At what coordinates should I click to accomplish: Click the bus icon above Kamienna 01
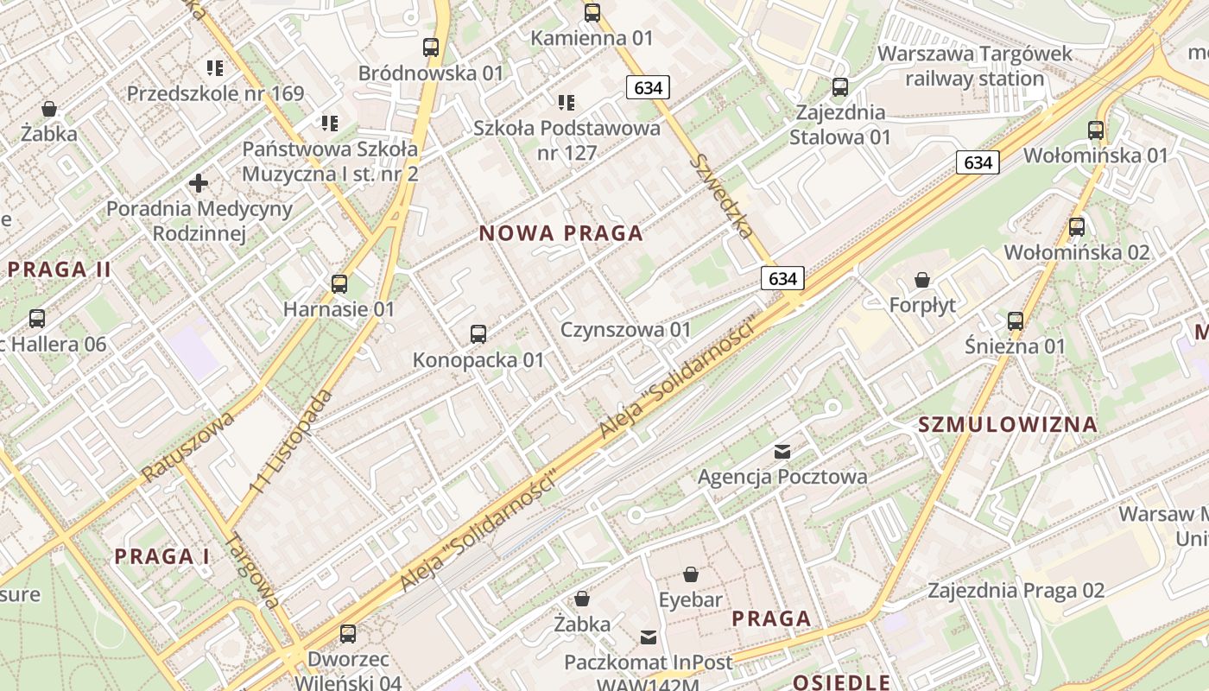tap(592, 13)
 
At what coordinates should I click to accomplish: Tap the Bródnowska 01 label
tap(430, 73)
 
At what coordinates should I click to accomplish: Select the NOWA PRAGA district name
tap(561, 233)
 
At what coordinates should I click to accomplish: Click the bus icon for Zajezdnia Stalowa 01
tap(839, 87)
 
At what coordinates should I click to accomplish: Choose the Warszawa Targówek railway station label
tap(974, 66)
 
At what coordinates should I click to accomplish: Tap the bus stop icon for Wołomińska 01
tap(1095, 130)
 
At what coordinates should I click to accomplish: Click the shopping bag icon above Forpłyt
tap(922, 280)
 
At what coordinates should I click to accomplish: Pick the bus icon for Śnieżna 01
tap(1015, 321)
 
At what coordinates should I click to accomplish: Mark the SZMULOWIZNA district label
tap(1008, 424)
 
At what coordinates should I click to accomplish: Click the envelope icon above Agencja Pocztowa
tap(782, 451)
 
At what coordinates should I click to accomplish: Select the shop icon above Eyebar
tap(690, 574)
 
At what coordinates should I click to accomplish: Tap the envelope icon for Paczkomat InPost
tap(648, 637)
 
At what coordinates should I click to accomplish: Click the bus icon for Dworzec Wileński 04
tap(347, 634)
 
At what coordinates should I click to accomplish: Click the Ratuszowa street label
tap(187, 446)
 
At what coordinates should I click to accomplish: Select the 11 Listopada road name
tap(292, 441)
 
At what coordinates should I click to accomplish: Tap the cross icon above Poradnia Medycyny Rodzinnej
tap(199, 183)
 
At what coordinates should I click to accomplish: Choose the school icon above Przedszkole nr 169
tap(215, 67)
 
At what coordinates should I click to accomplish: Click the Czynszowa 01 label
tap(626, 330)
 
